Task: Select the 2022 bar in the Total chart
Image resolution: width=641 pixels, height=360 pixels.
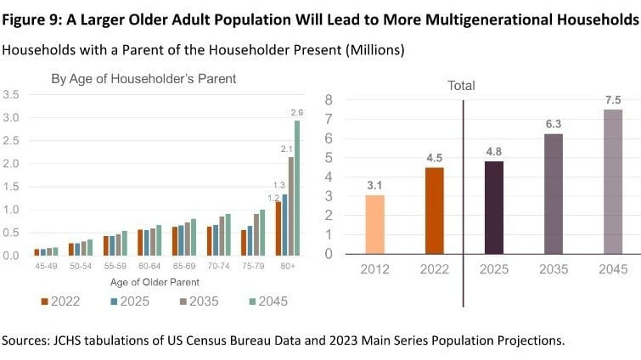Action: click(434, 210)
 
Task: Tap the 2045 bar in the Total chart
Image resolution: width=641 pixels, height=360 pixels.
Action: click(613, 181)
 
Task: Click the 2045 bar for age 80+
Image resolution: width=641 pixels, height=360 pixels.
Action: click(297, 187)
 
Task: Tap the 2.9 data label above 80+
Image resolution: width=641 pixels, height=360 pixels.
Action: click(297, 111)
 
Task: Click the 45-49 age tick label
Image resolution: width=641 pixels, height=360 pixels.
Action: click(47, 265)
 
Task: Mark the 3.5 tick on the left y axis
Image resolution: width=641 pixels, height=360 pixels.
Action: click(12, 93)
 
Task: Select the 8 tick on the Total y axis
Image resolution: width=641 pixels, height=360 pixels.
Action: click(328, 100)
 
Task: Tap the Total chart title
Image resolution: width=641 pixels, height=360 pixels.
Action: click(462, 85)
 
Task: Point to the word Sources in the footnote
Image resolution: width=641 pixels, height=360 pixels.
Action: click(27, 340)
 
